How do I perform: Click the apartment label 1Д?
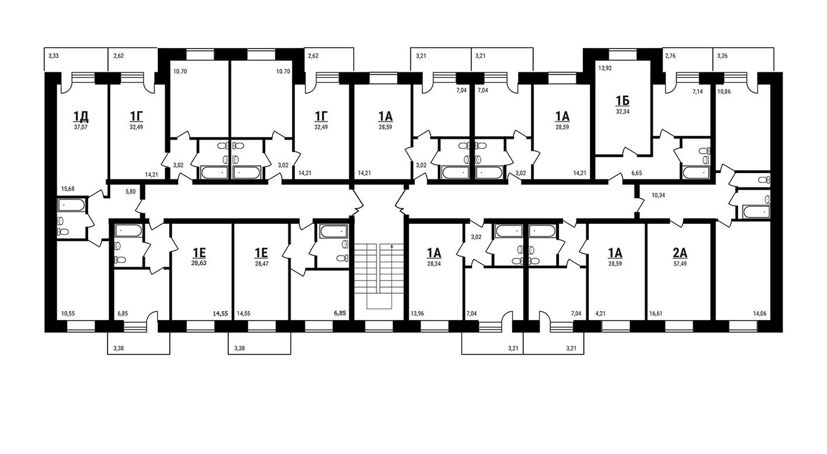81,116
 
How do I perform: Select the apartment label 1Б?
623,100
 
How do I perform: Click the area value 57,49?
680,264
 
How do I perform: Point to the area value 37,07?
81,127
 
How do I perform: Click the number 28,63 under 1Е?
199,264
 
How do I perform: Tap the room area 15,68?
68,189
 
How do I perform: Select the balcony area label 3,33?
54,56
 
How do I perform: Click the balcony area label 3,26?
722,56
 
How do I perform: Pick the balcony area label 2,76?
670,56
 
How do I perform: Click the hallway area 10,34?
658,195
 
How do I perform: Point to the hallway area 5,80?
131,192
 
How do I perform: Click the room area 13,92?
604,68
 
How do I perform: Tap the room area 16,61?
656,314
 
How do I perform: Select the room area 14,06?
760,314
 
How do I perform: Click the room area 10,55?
68,314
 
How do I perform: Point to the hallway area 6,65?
637,172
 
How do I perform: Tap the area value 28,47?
262,264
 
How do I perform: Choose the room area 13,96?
417,314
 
